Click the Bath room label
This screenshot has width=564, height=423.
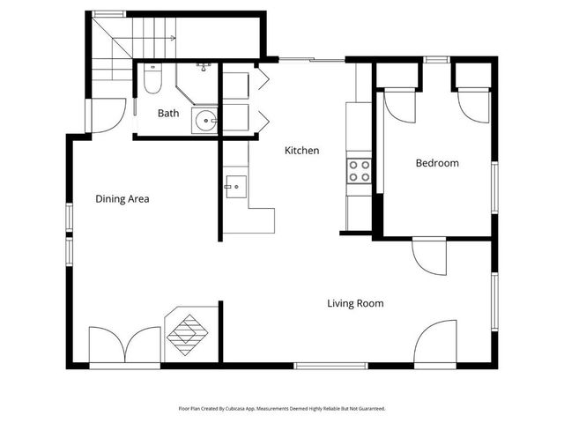[x=168, y=114]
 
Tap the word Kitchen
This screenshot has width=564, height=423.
[x=301, y=151]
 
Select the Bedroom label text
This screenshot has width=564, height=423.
[x=437, y=163]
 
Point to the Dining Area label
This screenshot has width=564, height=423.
[x=122, y=199]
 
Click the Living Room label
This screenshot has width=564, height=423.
[x=355, y=304]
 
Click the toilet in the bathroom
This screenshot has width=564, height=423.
[x=152, y=82]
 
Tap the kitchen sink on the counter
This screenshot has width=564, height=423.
[x=235, y=186]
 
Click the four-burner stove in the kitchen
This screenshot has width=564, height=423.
[x=359, y=170]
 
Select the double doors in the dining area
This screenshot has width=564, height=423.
[x=124, y=345]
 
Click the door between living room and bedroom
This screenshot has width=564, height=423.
[x=430, y=256]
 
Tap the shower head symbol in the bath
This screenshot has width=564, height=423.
[x=204, y=66]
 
